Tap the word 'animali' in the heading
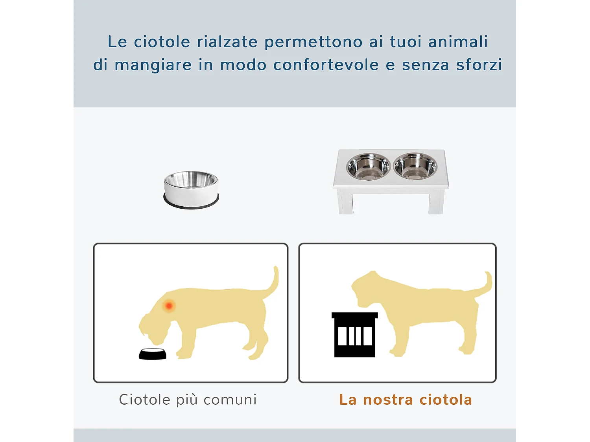[x=458, y=42]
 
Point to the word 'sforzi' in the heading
[x=479, y=65]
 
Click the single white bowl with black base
[x=191, y=190]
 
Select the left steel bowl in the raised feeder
[x=368, y=166]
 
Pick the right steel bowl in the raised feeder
[x=415, y=166]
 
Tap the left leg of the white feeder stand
[x=346, y=202]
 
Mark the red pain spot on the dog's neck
[x=169, y=305]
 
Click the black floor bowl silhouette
[x=153, y=354]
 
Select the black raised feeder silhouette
[x=354, y=335]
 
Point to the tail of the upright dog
[x=486, y=284]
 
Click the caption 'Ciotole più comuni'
[x=188, y=400]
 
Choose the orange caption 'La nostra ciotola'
[x=405, y=400]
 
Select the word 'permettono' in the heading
[x=313, y=42]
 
